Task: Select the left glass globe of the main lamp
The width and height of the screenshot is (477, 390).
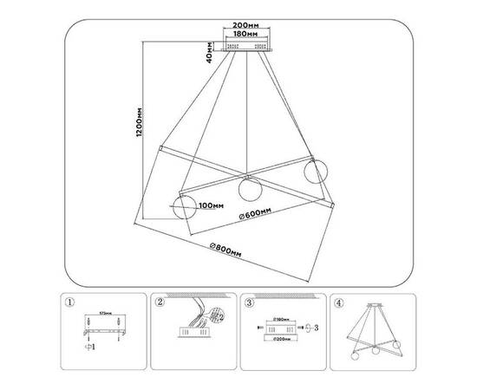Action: [183, 207]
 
